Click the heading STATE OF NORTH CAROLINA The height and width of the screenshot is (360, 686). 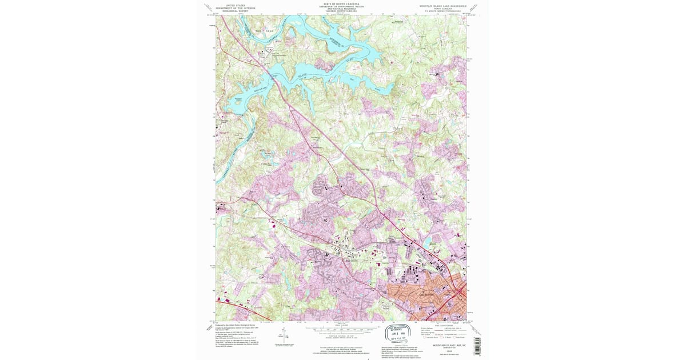(341, 4)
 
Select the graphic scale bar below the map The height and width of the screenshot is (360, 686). (341, 330)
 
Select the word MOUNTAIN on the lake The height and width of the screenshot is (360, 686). (261, 89)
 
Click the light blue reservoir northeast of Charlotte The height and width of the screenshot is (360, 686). (428, 242)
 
